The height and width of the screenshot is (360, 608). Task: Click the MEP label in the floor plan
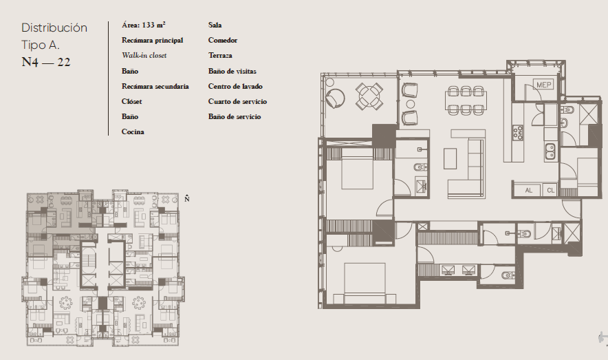tap(543, 85)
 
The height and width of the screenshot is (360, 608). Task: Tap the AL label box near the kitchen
tap(528, 190)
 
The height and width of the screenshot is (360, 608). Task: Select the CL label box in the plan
tap(551, 190)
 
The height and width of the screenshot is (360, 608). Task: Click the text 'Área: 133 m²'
tap(144, 25)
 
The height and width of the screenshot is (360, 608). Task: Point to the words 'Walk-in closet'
tap(144, 56)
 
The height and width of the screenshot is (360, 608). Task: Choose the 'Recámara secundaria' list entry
tap(155, 86)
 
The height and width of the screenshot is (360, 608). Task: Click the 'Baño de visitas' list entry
tap(232, 71)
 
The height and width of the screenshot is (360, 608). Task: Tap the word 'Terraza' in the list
tap(220, 56)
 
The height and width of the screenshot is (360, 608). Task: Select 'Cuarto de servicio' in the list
tap(237, 101)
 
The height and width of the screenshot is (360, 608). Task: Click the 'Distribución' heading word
tap(54, 28)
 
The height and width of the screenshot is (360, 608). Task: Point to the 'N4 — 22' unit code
tap(46, 62)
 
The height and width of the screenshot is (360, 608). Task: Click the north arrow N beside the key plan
tap(187, 198)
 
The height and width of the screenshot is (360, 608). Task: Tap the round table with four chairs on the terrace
tap(369, 96)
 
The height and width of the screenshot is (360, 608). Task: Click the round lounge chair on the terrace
tap(335, 98)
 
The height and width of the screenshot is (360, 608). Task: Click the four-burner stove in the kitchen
tap(518, 133)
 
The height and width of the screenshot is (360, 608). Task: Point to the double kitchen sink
tap(550, 151)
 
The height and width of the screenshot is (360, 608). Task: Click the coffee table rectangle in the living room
tap(450, 158)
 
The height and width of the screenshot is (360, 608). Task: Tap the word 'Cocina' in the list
tap(133, 132)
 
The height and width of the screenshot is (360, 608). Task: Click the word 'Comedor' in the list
tap(223, 41)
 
